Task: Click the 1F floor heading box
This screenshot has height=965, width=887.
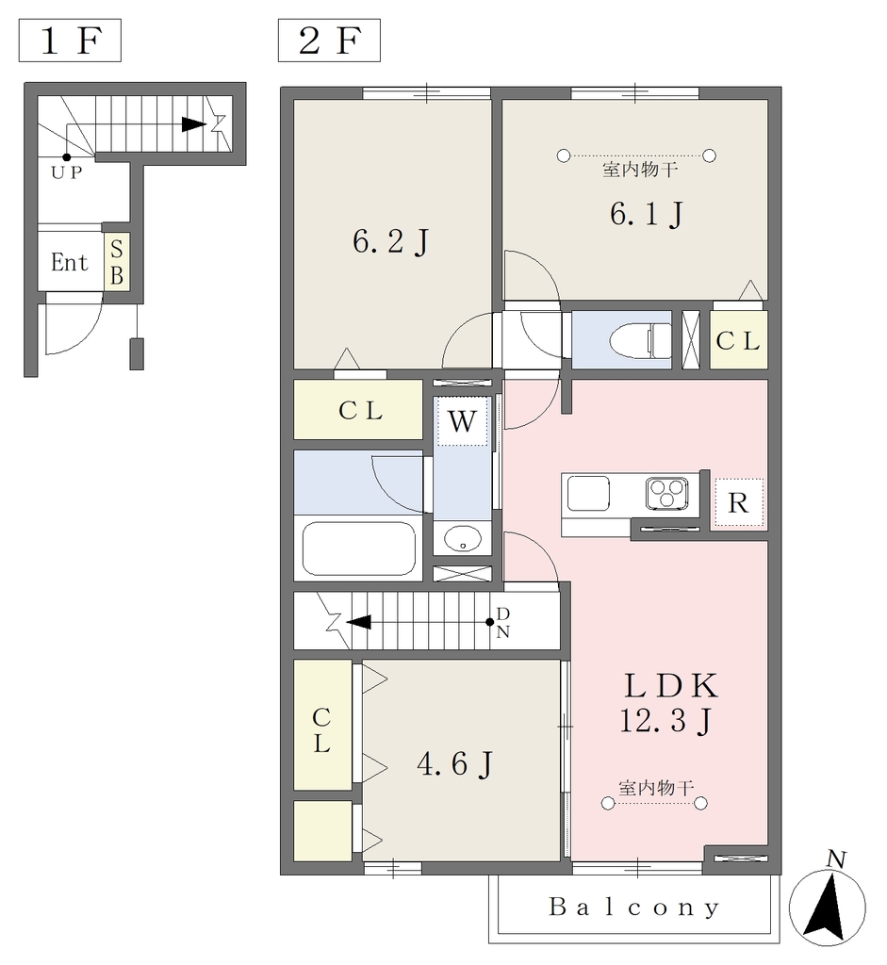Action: (70, 41)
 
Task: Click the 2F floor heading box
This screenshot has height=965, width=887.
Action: (329, 41)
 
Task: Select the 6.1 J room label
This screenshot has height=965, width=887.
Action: (647, 214)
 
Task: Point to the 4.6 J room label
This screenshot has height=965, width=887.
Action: (455, 764)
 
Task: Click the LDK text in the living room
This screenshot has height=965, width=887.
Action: (671, 686)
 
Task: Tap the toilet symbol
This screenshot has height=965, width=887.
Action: (640, 340)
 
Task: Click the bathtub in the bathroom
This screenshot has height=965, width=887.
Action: (359, 548)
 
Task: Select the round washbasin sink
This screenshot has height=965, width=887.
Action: (462, 539)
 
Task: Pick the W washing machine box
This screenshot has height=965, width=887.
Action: (462, 421)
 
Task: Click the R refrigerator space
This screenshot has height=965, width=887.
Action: (738, 503)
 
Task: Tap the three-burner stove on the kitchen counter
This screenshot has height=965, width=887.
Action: (667, 494)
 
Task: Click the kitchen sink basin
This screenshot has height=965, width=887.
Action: (588, 493)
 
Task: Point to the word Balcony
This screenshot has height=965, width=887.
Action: (634, 907)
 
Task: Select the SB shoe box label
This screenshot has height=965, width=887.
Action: (116, 262)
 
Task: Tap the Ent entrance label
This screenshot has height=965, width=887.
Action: (69, 263)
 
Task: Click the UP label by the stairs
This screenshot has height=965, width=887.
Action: (67, 173)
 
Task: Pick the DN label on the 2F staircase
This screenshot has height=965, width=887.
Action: (503, 622)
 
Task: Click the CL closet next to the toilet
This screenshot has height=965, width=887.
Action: (739, 340)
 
